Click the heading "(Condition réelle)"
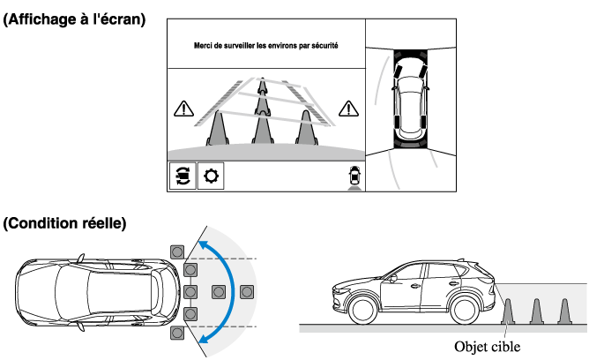[65, 223]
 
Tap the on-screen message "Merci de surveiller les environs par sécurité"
[265, 45]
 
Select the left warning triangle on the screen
[183, 109]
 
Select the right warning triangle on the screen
[350, 109]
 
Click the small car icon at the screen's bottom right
[354, 176]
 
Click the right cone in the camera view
[306, 127]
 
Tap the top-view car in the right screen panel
[411, 97]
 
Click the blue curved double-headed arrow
[227, 291]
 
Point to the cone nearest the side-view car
[508, 311]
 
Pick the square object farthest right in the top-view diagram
[247, 291]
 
